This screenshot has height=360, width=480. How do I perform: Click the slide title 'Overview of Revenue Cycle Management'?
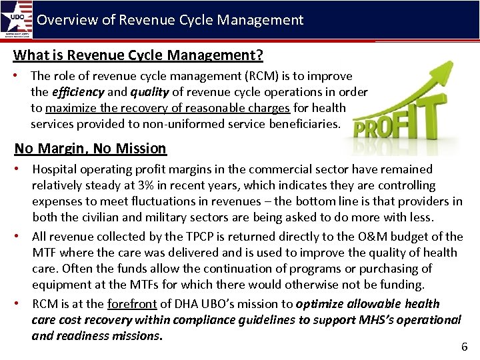pyautogui.click(x=170, y=20)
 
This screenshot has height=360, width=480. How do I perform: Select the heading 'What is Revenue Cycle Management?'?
pyautogui.click(x=138, y=55)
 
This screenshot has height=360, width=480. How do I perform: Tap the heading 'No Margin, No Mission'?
pyautogui.click(x=91, y=148)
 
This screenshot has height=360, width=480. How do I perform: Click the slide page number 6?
pyautogui.click(x=465, y=347)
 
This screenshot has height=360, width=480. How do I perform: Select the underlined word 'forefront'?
pyautogui.click(x=132, y=304)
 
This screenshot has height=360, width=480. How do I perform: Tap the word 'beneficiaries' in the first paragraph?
pyautogui.click(x=304, y=123)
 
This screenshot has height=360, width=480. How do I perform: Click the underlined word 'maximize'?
pyautogui.click(x=71, y=108)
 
